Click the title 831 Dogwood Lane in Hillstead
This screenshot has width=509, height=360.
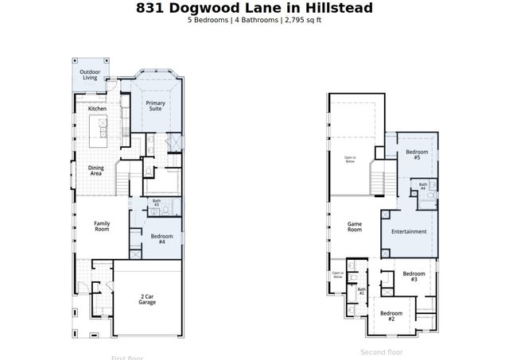point(254,8)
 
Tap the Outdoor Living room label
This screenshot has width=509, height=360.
point(90,75)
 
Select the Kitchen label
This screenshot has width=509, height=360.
point(97,108)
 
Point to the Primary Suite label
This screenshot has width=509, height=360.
point(155,106)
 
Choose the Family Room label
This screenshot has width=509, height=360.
point(102,226)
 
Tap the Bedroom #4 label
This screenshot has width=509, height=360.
point(161,238)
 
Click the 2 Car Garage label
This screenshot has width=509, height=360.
point(147,299)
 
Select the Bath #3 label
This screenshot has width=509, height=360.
point(157,203)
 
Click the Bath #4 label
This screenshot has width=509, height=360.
point(423,188)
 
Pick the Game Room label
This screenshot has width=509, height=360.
point(355,226)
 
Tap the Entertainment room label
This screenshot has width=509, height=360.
point(409,231)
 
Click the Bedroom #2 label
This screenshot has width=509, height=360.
point(391,315)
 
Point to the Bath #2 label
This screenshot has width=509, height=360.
point(361,292)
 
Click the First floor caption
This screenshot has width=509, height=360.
point(128,357)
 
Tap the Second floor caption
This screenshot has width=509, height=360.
point(382,351)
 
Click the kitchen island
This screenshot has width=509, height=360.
point(100,128)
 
